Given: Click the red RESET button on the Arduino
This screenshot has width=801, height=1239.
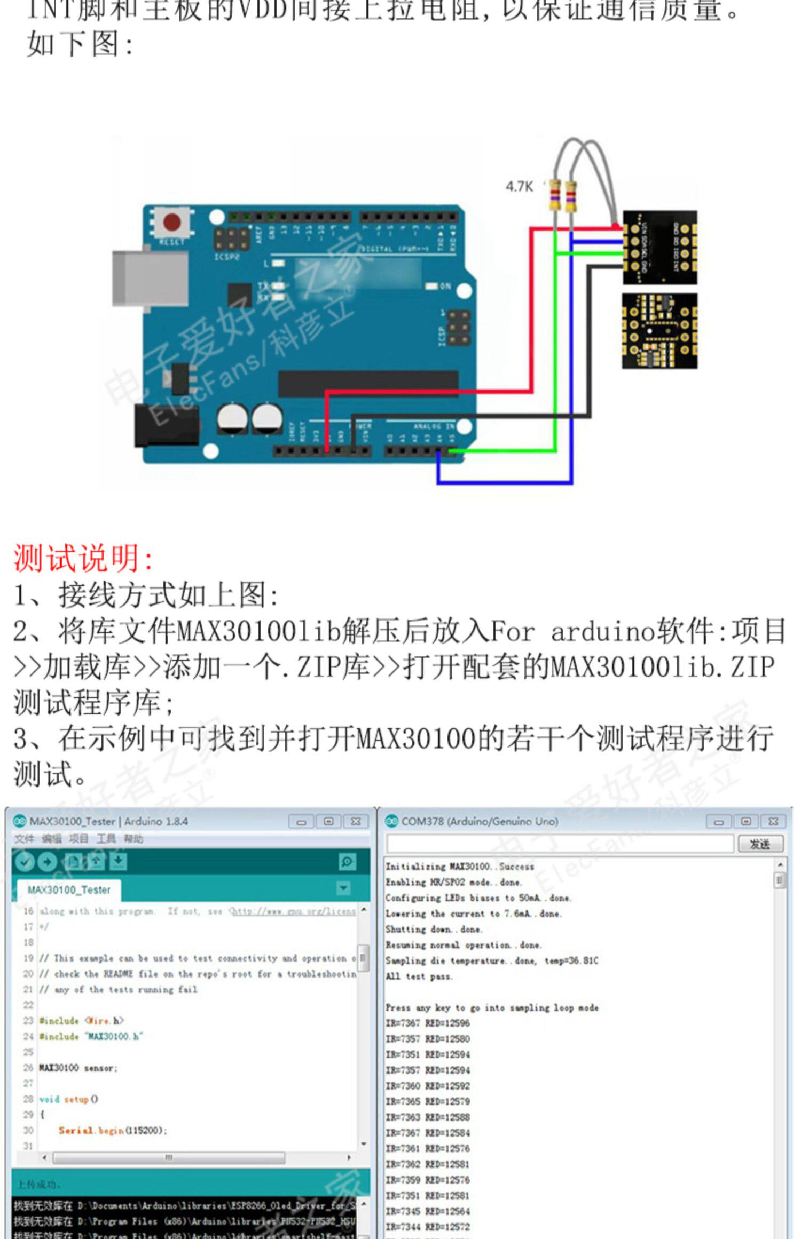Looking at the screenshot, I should pyautogui.click(x=172, y=223).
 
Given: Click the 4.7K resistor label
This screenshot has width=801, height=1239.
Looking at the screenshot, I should pyautogui.click(x=519, y=186).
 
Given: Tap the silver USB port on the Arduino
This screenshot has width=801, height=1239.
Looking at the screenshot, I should pyautogui.click(x=150, y=277).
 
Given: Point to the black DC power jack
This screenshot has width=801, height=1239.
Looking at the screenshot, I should pyautogui.click(x=165, y=425).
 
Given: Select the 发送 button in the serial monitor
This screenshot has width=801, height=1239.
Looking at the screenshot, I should pyautogui.click(x=759, y=844).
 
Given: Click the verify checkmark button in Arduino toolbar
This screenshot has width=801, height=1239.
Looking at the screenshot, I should pyautogui.click(x=23, y=862).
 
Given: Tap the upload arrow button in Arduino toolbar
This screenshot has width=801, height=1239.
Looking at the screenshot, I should pyautogui.click(x=48, y=862).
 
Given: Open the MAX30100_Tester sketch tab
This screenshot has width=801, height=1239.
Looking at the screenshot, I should pyautogui.click(x=69, y=890).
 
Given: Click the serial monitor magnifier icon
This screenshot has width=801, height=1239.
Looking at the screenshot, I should pyautogui.click(x=347, y=862).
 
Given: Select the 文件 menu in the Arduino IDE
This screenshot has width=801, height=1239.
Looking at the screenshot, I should pyautogui.click(x=23, y=839).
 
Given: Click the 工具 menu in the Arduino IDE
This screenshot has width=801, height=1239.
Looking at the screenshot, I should pyautogui.click(x=106, y=839).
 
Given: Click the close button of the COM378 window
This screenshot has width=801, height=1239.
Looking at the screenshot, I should pyautogui.click(x=772, y=821).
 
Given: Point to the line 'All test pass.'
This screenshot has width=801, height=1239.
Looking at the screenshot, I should pyautogui.click(x=419, y=976).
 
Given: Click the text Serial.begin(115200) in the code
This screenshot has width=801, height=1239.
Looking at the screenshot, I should pyautogui.click(x=113, y=1130).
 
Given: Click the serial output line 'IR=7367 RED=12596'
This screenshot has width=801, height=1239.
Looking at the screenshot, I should pyautogui.click(x=427, y=1023).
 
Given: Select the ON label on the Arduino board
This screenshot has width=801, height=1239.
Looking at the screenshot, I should pyautogui.click(x=445, y=287).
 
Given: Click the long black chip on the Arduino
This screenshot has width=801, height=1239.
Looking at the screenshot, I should pyautogui.click(x=368, y=383).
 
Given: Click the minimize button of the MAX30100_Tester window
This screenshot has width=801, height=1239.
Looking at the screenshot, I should pyautogui.click(x=301, y=822).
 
